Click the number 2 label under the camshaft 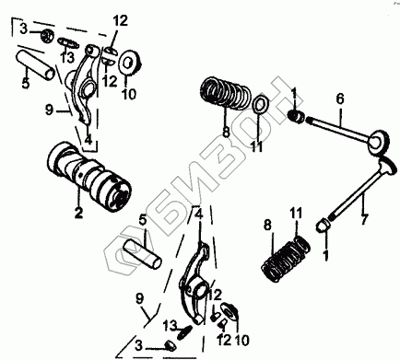click(x=78, y=213)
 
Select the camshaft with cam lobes click(x=89, y=178)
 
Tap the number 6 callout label click(x=340, y=99)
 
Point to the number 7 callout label click(x=363, y=219)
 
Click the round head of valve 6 click(x=381, y=140)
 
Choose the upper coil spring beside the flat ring click(x=225, y=94)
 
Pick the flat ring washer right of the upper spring click(x=260, y=105)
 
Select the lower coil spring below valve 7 click(x=286, y=261)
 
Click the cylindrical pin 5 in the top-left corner click(x=36, y=65)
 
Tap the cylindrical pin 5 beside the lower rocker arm click(x=142, y=254)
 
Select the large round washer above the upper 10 click(x=130, y=63)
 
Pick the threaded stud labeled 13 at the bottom click(x=184, y=331)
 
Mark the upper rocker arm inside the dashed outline click(x=83, y=83)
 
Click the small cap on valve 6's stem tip click(x=296, y=117)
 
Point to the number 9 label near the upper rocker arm click(x=49, y=110)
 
